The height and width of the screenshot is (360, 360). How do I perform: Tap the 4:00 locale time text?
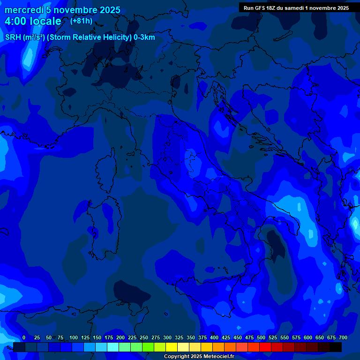click(x=33, y=22)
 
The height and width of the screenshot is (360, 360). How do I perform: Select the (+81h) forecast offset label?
click(x=81, y=21)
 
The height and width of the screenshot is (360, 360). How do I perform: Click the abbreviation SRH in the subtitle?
click(x=13, y=37)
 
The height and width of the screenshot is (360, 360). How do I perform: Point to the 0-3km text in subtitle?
click(x=144, y=37)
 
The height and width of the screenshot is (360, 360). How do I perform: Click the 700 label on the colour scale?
click(x=343, y=337)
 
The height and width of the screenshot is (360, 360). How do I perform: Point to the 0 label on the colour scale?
click(x=24, y=337)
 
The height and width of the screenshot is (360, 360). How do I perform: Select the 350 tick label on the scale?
click(x=190, y=337)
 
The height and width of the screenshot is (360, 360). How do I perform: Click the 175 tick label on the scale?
click(x=108, y=337)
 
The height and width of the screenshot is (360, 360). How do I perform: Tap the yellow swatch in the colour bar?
click(x=172, y=347)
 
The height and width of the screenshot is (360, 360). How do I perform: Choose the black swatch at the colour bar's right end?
click(x=336, y=347)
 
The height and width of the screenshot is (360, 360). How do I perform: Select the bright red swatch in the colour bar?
click(x=265, y=347)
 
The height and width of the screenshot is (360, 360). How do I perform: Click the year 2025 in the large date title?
click(x=107, y=10)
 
